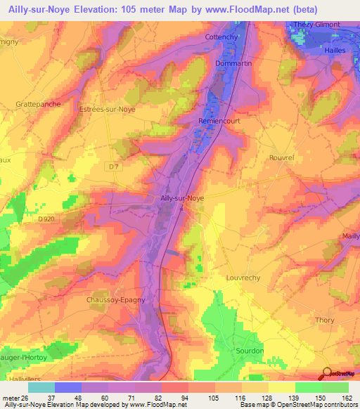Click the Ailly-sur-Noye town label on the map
182,199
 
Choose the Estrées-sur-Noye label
106,110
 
